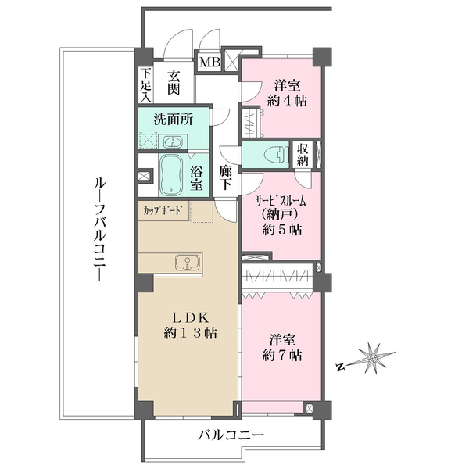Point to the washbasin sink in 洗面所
pyautogui.click(x=174, y=141)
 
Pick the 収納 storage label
pyautogui.click(x=303, y=154)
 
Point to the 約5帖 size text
pyautogui.click(x=282, y=230)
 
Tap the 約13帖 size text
pyautogui.click(x=190, y=333)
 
